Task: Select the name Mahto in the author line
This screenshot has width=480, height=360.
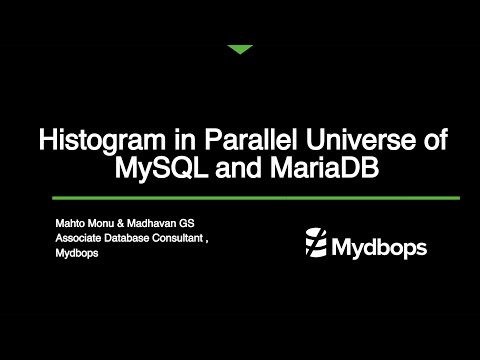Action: point(71,221)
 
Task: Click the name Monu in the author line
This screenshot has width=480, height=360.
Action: point(105,221)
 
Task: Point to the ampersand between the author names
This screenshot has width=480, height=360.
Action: point(127,221)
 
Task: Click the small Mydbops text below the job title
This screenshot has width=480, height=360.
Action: point(76,255)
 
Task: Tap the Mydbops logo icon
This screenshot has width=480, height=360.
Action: point(315,242)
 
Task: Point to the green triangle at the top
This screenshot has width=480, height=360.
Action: point(240,49)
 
